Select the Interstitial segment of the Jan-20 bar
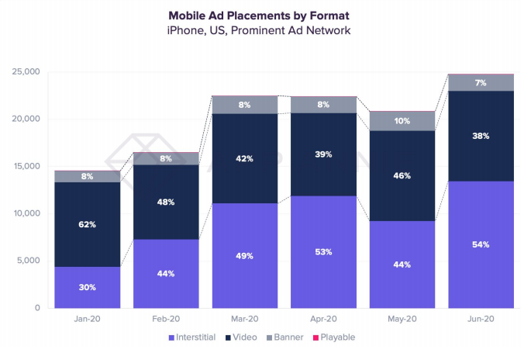(x=87, y=287)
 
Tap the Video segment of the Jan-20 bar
(x=87, y=225)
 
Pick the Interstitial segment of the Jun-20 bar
(x=481, y=244)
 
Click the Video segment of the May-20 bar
(x=402, y=176)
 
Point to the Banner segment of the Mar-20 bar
(x=245, y=105)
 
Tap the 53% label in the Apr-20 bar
(x=324, y=251)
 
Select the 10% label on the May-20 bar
(x=402, y=121)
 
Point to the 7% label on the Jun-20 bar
(x=481, y=82)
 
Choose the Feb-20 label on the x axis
(x=166, y=319)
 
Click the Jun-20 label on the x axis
(x=481, y=319)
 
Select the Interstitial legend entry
(x=194, y=337)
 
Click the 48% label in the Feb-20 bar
(x=166, y=202)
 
